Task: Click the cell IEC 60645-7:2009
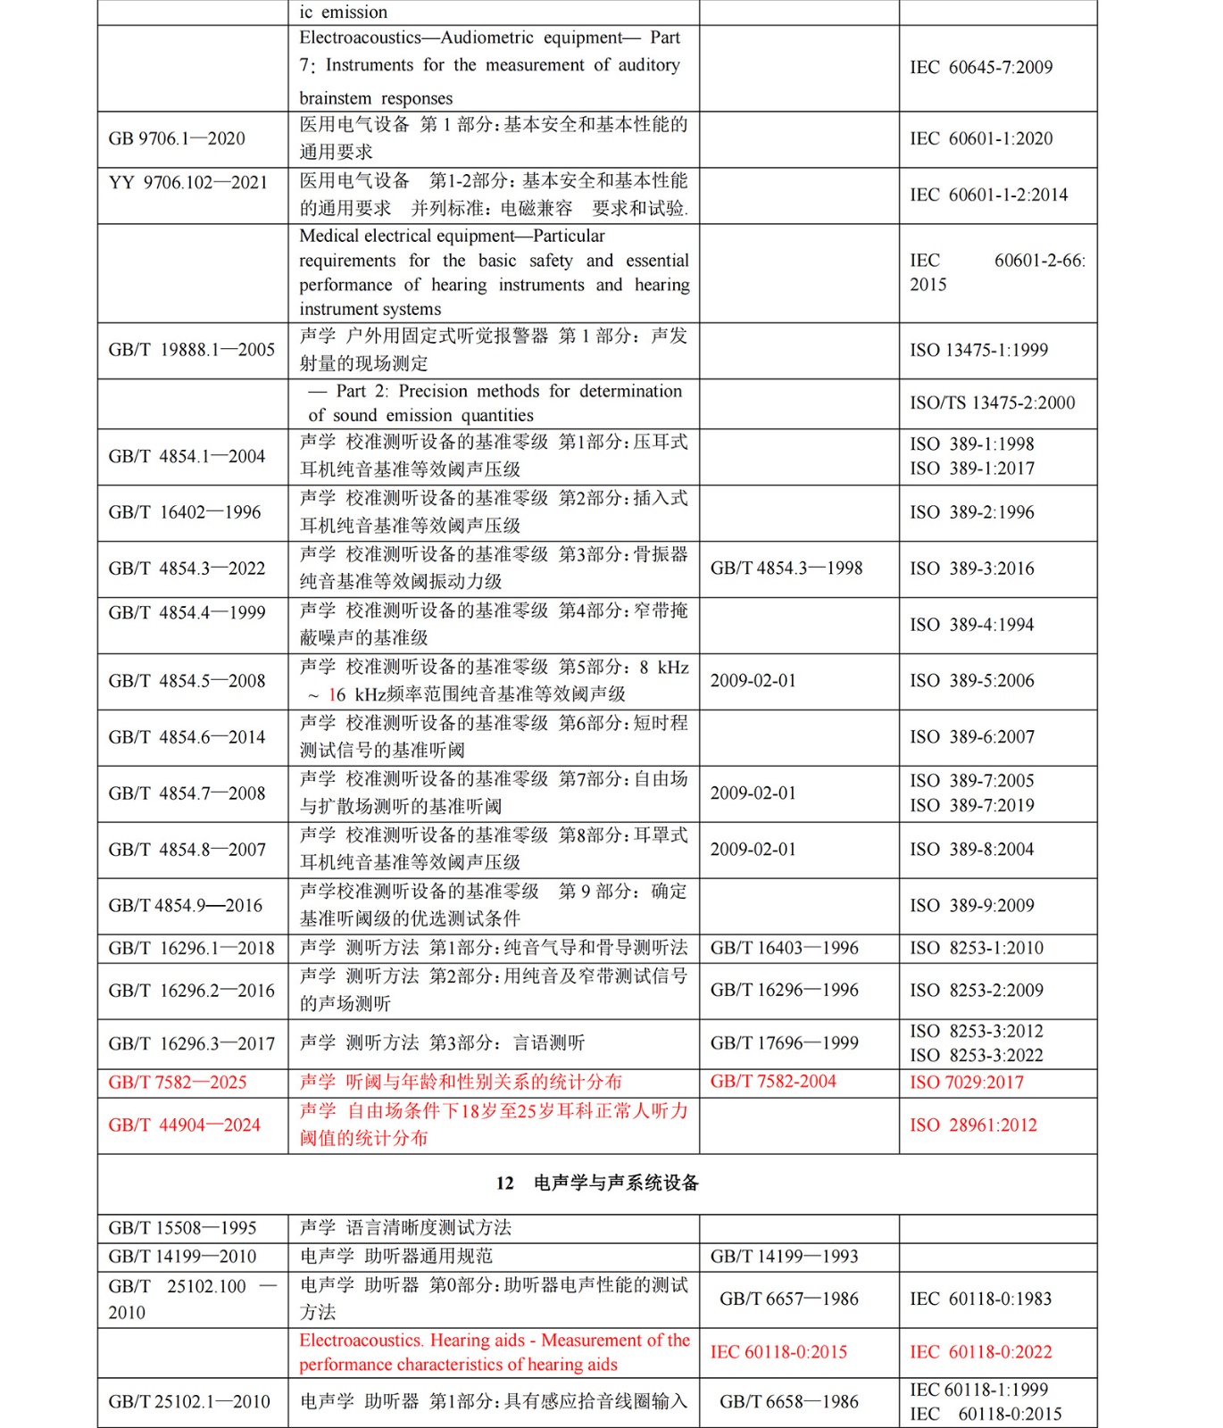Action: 981,68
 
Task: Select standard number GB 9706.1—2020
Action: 177,139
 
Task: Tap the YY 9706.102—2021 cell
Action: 188,183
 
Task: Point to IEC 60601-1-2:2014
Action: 988,195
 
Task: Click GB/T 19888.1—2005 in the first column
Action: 192,350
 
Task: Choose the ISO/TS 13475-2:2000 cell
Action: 992,403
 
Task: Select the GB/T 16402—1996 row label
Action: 185,512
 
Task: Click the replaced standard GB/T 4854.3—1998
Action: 786,569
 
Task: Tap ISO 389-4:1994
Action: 971,625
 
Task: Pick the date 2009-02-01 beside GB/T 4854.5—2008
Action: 753,681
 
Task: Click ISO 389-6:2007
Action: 972,737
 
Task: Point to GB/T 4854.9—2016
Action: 186,906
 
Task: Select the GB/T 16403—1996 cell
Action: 785,948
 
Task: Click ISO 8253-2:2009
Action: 977,991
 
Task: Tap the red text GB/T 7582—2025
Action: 178,1083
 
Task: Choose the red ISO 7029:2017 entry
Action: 967,1083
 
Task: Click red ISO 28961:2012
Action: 973,1125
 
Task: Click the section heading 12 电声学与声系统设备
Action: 597,1183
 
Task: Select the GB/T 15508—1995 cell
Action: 182,1228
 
